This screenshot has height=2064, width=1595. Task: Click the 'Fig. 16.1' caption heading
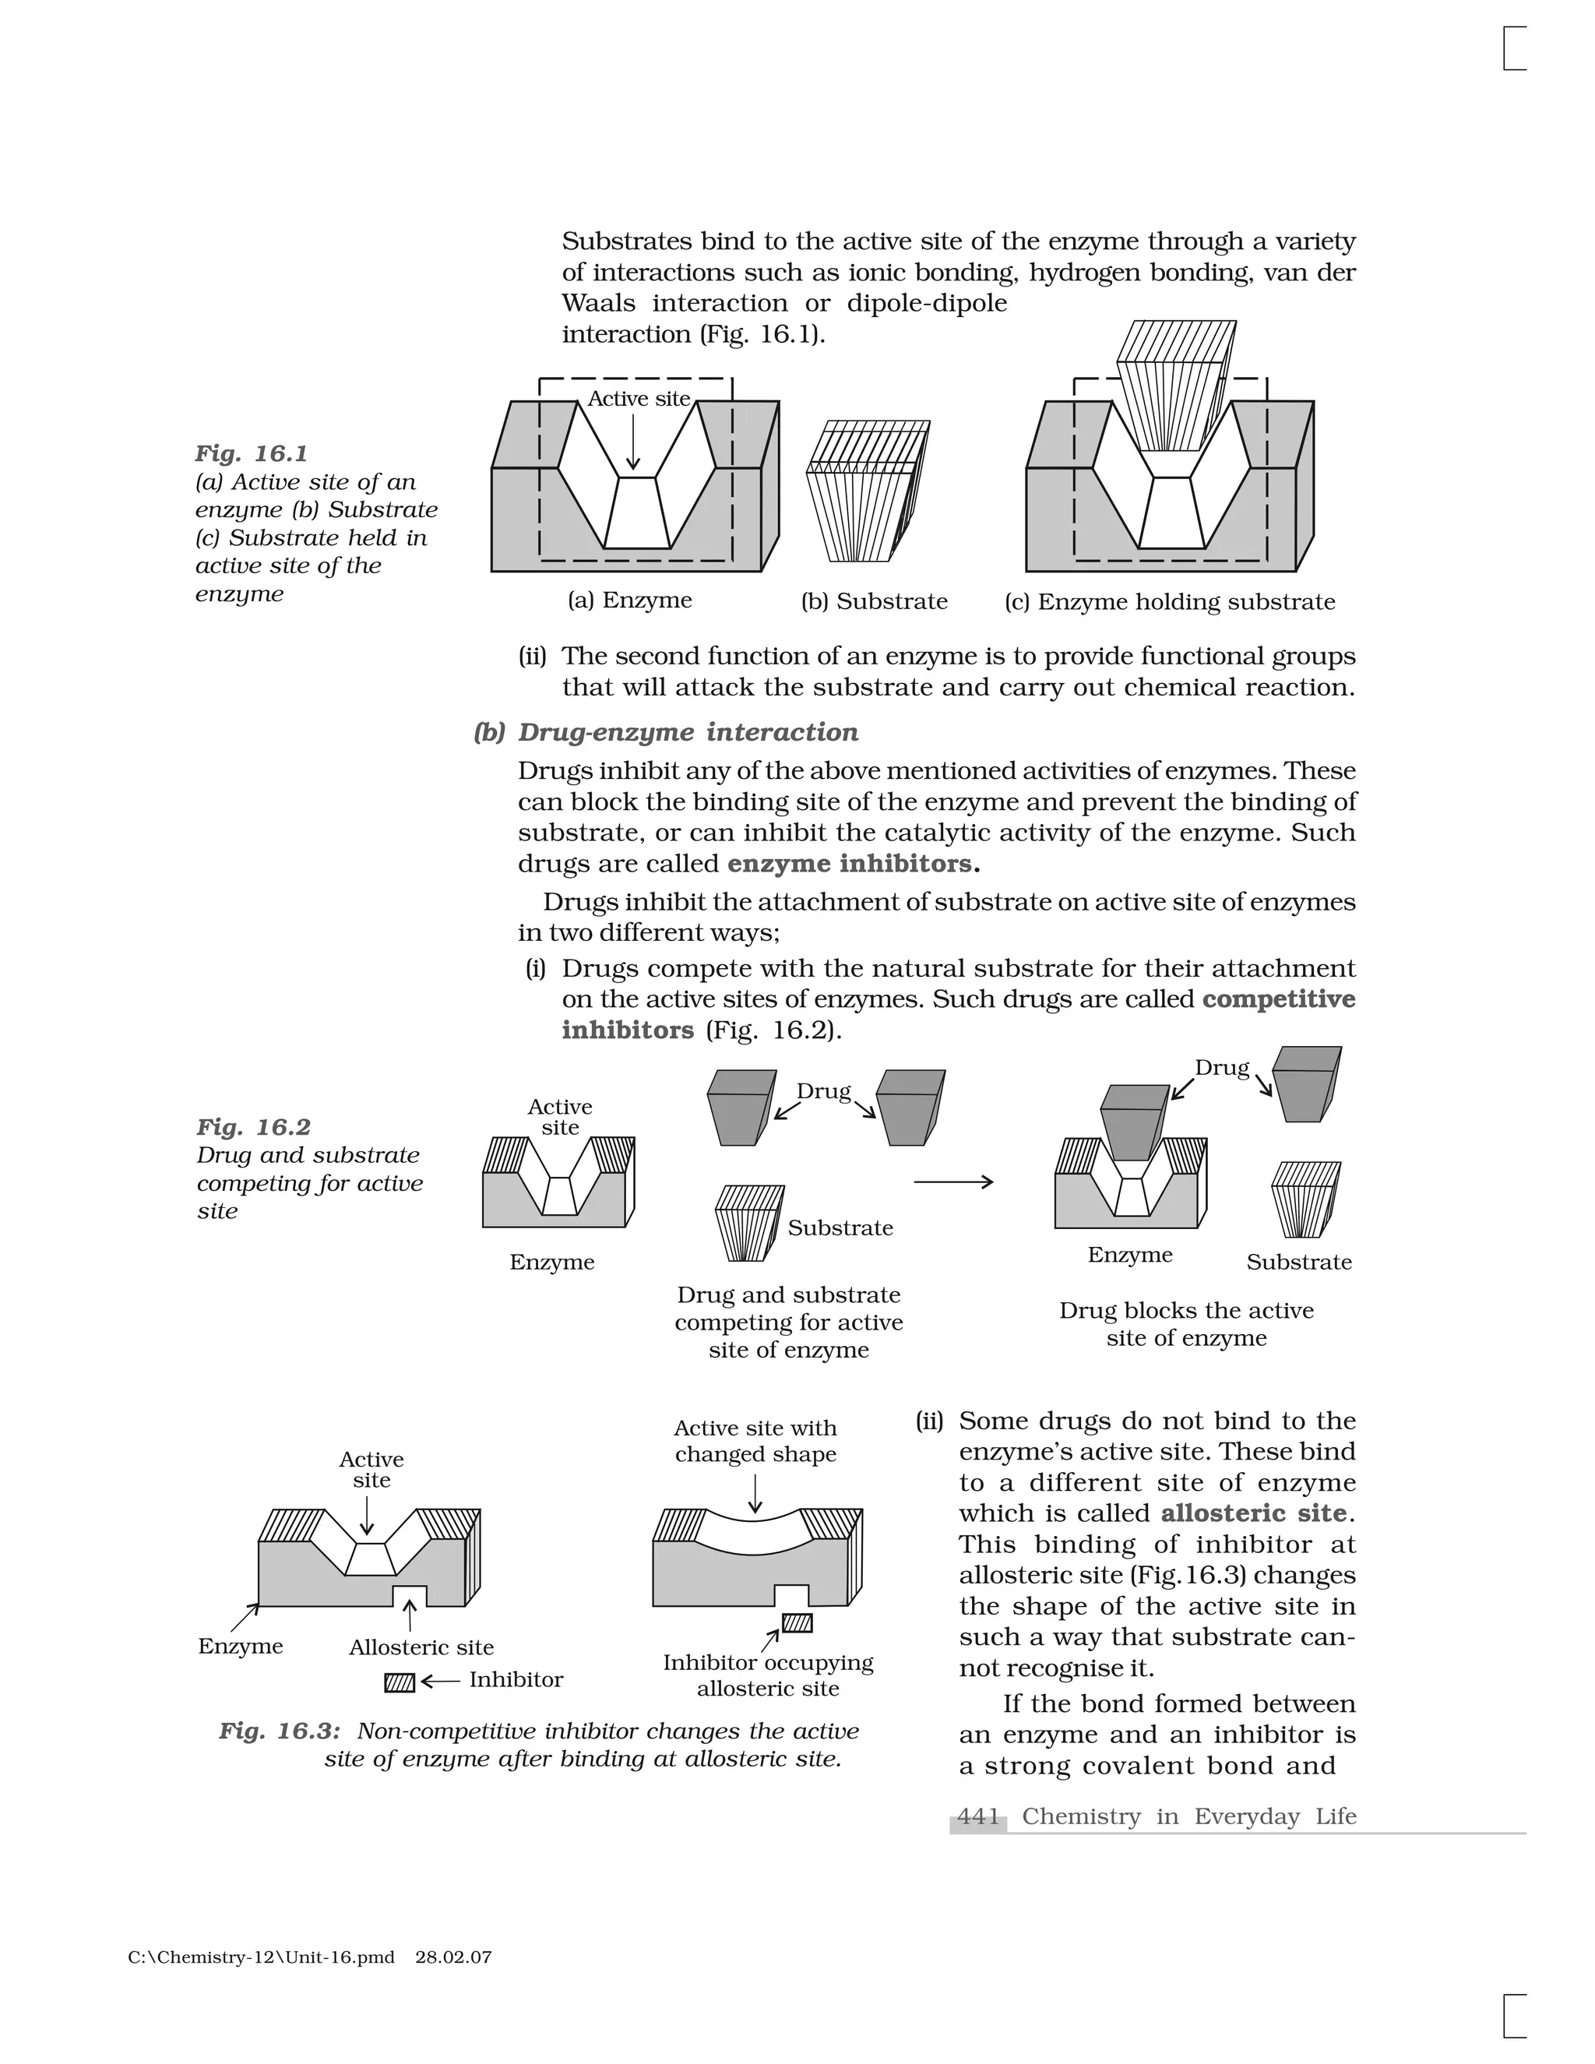(x=252, y=453)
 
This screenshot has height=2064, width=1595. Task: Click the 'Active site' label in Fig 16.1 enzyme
(x=639, y=399)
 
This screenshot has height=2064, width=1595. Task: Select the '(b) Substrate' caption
(x=874, y=601)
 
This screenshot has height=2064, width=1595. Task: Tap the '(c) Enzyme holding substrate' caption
(x=1170, y=602)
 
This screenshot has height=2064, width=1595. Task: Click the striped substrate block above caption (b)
(x=867, y=492)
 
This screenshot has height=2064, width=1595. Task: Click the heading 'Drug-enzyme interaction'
(x=688, y=732)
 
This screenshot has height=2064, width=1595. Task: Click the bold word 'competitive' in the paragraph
(x=1279, y=999)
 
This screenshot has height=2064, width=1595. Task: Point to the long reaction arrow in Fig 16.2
(x=952, y=1182)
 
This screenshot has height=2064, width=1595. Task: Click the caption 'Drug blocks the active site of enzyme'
(x=1186, y=1324)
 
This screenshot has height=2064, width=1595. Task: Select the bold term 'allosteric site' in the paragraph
(x=1253, y=1513)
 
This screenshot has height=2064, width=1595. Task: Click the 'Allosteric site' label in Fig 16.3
(x=421, y=1647)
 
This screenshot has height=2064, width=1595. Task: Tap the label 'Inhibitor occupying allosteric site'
(x=767, y=1675)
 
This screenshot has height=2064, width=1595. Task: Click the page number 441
(x=978, y=1816)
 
